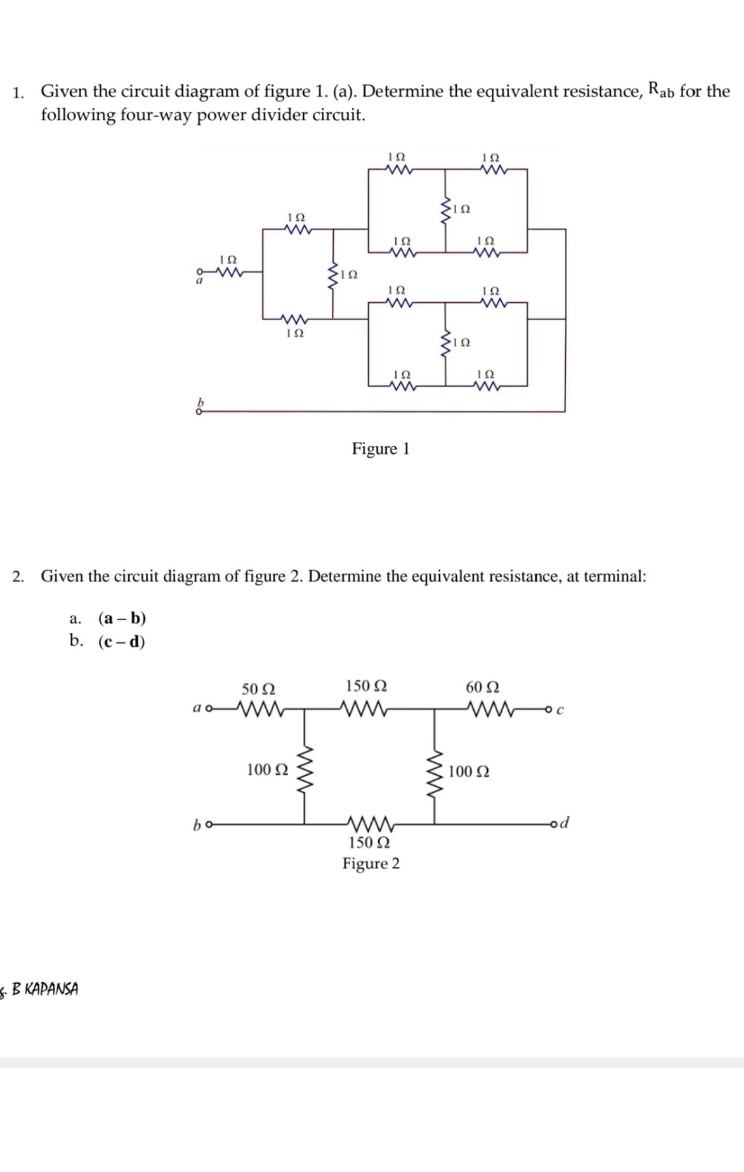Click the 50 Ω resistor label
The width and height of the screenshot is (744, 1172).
pos(258,689)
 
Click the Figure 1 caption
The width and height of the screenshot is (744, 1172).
pos(380,448)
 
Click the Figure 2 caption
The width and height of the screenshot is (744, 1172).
pos(371,863)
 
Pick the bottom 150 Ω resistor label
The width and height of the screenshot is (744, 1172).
pos(369,842)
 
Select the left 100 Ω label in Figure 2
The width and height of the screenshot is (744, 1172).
pos(267,770)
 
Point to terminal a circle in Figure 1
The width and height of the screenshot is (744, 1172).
pos(198,271)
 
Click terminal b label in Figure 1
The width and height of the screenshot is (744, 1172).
pos(201,402)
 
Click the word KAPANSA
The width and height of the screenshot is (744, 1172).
pos(51,989)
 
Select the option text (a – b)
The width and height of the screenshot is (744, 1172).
pos(122,618)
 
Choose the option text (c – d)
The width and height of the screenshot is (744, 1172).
pos(121,642)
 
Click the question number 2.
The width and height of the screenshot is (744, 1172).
pos(18,576)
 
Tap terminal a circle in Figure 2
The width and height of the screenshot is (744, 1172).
pos(209,709)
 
